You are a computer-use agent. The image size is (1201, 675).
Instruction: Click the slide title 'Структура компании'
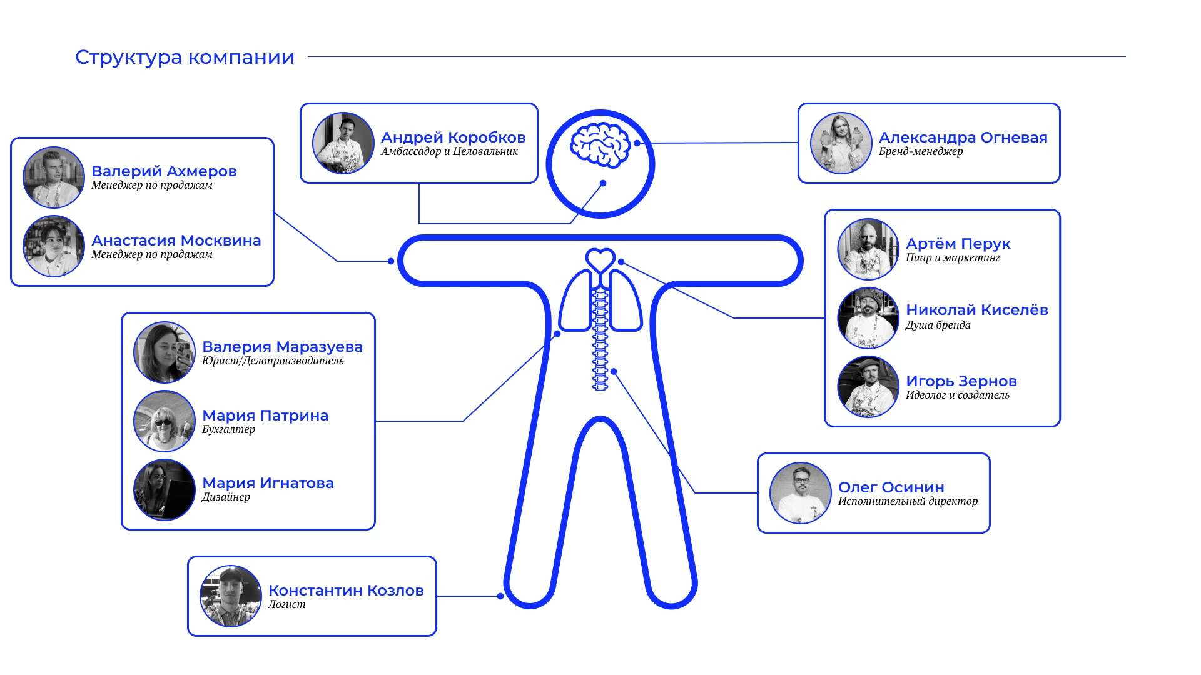coord(185,57)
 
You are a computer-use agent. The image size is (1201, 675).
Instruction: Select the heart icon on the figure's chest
coord(600,259)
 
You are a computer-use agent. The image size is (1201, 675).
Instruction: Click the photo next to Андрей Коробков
coord(343,143)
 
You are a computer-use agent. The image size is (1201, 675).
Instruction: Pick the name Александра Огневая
coord(963,137)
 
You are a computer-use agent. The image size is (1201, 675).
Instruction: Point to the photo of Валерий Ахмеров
coord(54,177)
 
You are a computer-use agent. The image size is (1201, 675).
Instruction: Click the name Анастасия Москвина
coord(176,241)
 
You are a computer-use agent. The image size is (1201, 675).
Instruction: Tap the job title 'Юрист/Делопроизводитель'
coord(273,361)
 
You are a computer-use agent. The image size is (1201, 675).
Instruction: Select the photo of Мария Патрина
coord(165,421)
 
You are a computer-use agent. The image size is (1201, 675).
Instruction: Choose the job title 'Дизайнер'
coord(226,497)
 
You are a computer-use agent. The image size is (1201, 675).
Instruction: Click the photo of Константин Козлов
coord(231,596)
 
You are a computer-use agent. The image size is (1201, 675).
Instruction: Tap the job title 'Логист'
coord(286,604)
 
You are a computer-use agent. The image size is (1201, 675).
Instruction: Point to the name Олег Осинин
coord(891,487)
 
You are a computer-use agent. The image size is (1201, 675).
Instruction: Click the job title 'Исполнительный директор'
coord(908,501)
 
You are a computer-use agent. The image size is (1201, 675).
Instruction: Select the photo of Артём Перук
coord(868,249)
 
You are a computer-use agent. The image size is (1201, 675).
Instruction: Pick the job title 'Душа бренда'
coord(938,325)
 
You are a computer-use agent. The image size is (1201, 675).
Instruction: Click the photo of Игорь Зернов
coord(868,387)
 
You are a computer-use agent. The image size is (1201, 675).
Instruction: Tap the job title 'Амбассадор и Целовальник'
coord(449,151)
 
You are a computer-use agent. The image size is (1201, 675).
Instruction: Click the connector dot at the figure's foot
coord(500,596)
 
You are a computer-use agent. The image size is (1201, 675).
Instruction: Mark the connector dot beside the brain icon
coord(637,143)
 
